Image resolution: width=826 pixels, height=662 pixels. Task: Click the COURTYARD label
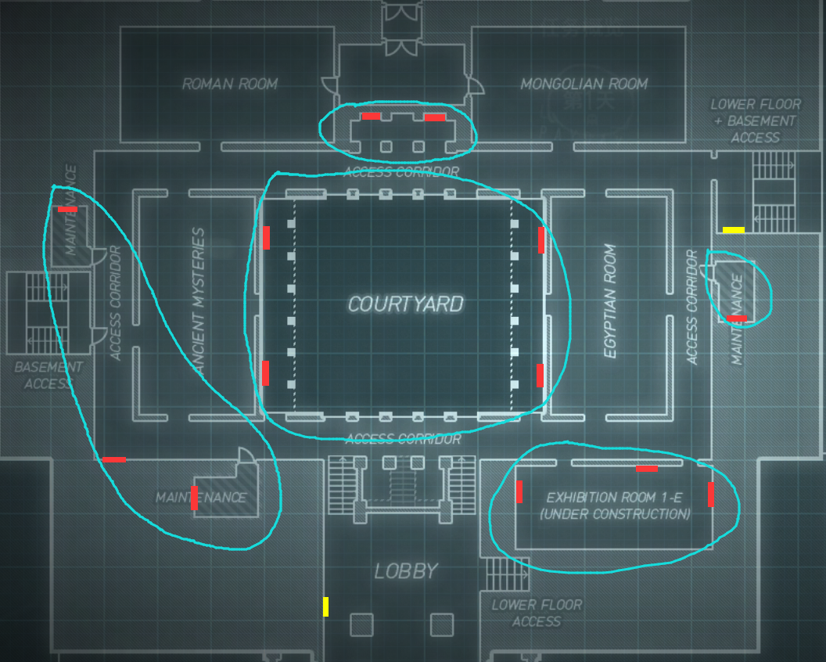pos(405,304)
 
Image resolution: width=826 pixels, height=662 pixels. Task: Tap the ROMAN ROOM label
pos(230,84)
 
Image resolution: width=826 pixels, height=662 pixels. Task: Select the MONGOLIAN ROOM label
pos(584,84)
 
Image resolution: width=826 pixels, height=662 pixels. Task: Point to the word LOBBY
pos(405,571)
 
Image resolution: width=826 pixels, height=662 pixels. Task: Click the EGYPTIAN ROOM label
pos(611,301)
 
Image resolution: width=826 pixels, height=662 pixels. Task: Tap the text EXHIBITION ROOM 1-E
pos(617,498)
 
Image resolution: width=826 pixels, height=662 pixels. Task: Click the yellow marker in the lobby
pos(325,606)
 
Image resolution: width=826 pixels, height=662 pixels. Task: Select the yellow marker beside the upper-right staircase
pos(733,230)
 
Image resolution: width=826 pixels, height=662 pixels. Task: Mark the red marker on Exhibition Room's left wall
pos(519,492)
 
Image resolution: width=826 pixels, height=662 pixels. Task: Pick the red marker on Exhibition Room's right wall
pos(711,495)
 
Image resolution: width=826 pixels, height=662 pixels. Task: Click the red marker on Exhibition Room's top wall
pos(647,469)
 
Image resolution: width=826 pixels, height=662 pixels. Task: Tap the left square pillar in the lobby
pos(361,624)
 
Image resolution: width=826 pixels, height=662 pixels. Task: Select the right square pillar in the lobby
pos(442,624)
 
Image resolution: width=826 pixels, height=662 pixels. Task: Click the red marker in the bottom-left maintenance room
pos(194,498)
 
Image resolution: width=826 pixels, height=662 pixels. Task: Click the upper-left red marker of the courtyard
pos(266,238)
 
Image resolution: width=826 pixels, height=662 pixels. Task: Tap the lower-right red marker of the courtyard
pos(540,376)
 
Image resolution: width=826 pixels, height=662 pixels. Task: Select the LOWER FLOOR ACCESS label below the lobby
pos(537,613)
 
